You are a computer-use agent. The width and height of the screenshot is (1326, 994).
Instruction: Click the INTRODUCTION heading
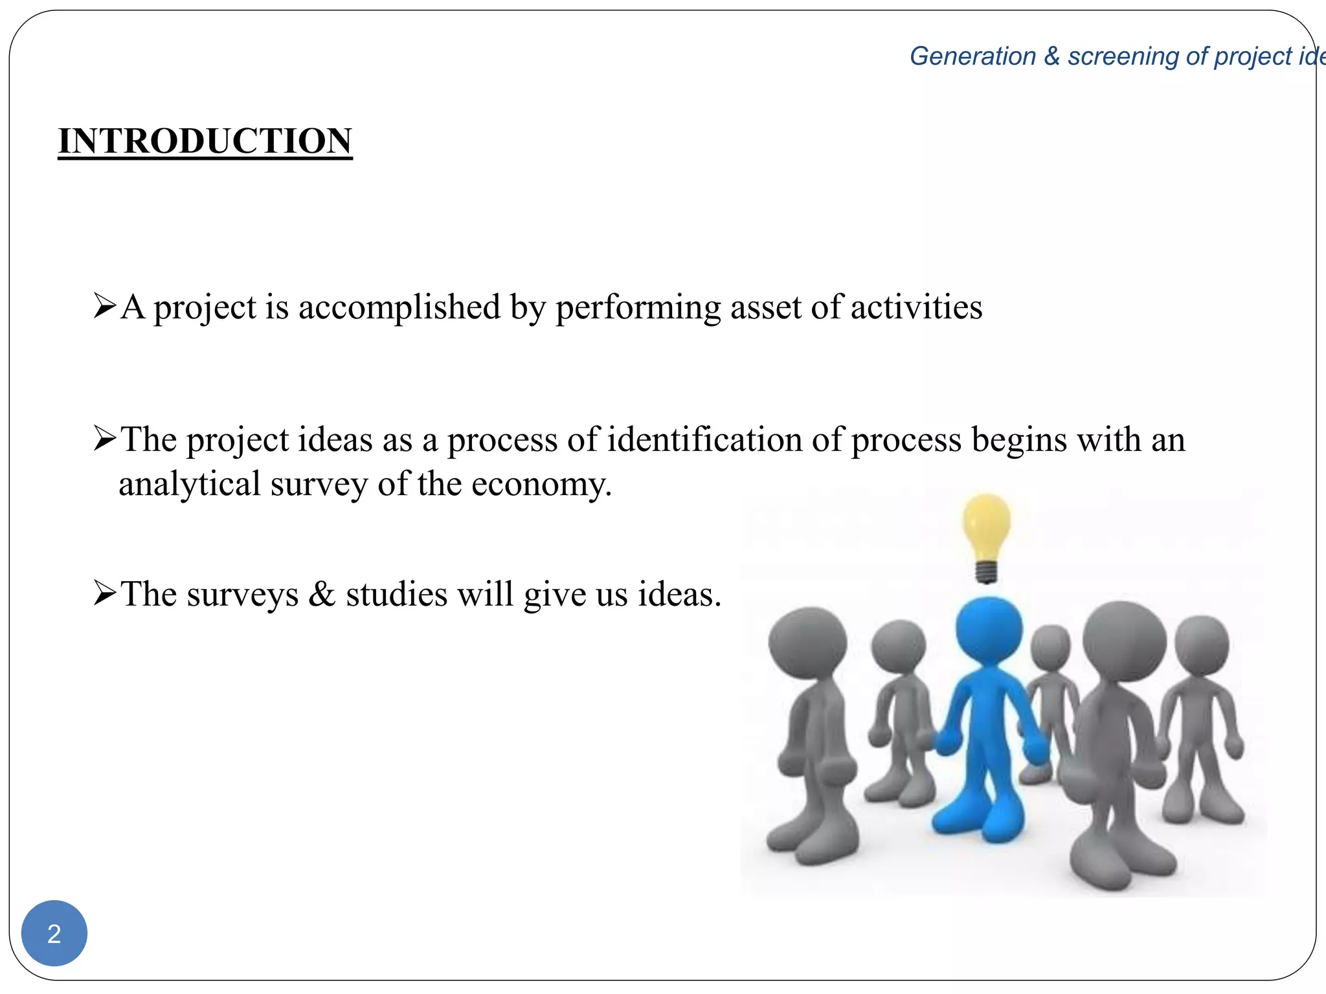coord(205,140)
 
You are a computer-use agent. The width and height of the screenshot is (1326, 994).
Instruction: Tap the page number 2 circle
coord(54,933)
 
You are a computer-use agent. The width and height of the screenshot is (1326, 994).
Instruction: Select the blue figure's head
coord(989,628)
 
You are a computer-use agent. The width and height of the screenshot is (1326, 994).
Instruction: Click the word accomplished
coord(399,307)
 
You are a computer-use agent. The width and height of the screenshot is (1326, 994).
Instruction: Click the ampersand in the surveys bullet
coord(322,594)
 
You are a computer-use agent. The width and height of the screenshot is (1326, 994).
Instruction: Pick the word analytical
coord(189,484)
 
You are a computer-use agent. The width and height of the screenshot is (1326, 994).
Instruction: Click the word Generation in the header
coord(972,56)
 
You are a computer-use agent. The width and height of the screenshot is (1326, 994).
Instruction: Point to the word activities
coord(916,307)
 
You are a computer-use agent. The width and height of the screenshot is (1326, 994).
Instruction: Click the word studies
coord(396,594)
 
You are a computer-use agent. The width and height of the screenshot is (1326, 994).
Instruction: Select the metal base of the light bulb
coord(986,571)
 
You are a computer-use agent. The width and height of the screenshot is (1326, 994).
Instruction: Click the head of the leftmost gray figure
coord(807,643)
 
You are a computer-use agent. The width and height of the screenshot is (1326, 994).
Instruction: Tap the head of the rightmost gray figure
coord(1202,646)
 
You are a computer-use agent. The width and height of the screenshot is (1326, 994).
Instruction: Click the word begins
coord(1019,440)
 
